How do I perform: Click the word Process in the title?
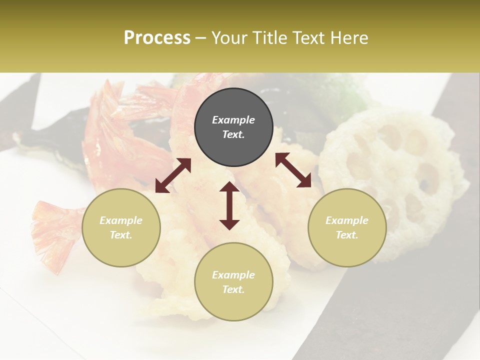click(157, 38)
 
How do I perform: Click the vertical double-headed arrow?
click(229, 205)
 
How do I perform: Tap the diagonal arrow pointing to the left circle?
click(173, 175)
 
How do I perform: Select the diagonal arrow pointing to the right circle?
click(293, 170)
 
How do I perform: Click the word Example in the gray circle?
click(233, 120)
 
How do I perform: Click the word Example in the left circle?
click(121, 220)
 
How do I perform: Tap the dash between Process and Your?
click(200, 38)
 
